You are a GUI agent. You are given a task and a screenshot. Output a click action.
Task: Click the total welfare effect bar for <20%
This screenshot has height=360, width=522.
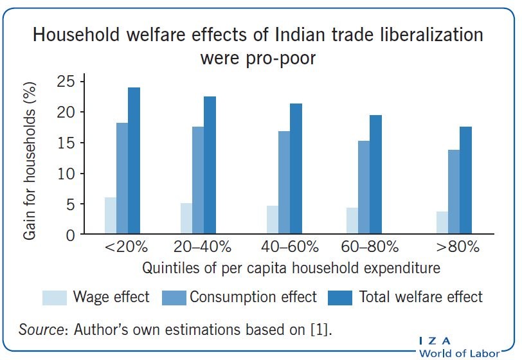134,161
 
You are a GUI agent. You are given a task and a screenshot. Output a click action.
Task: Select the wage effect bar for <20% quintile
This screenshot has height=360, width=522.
111,216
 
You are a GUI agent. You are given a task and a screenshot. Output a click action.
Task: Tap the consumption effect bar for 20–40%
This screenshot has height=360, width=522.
198,181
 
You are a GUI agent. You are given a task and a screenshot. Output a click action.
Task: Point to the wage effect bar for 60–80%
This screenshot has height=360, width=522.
352,221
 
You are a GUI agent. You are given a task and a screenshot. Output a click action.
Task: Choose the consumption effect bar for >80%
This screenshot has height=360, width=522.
455,192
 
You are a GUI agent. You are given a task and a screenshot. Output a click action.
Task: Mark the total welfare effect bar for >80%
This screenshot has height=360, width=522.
466,181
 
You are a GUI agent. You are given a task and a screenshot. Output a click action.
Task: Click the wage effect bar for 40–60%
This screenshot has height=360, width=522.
273,220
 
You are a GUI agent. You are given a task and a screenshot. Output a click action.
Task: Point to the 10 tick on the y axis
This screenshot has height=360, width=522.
66,174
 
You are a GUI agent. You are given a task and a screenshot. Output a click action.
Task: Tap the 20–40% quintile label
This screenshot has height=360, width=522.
199,246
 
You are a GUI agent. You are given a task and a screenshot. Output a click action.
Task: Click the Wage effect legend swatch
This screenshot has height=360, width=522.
54,298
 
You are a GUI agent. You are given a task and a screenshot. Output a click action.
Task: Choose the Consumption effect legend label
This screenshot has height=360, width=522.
253,297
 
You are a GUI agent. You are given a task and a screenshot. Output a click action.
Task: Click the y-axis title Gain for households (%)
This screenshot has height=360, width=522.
30,157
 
